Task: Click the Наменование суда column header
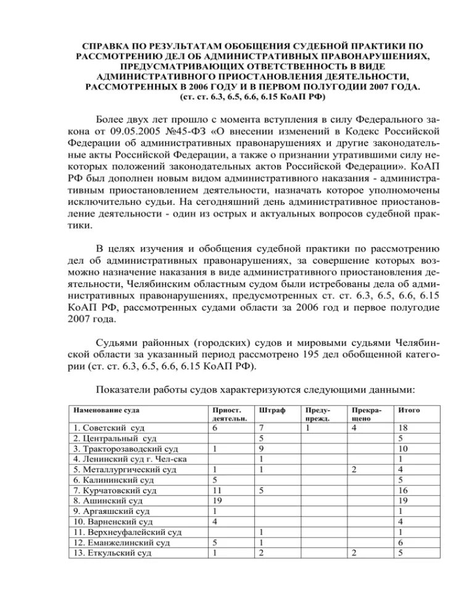(106, 410)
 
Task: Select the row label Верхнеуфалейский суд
(127, 532)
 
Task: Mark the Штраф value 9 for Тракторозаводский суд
(262, 448)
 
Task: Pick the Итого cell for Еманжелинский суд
(402, 542)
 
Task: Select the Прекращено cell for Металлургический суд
(354, 469)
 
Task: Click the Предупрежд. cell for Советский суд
(307, 427)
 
